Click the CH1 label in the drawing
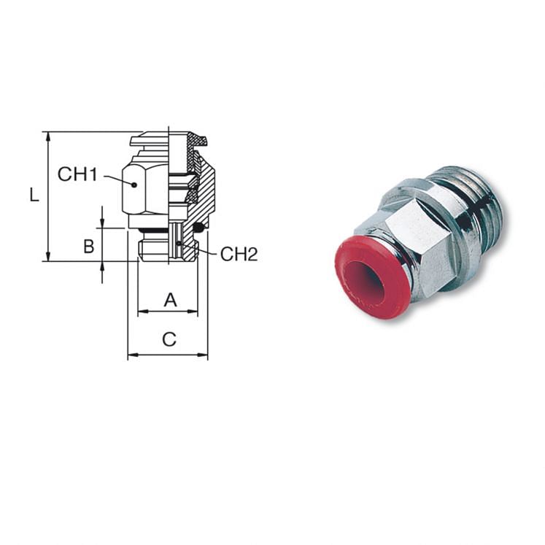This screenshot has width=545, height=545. [77, 174]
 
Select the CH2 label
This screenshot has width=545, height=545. [239, 254]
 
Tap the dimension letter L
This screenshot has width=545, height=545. [34, 195]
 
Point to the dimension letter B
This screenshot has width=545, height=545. [88, 246]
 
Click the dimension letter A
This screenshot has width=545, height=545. [169, 299]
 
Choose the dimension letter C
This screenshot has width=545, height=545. [169, 339]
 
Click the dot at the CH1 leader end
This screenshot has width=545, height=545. [134, 185]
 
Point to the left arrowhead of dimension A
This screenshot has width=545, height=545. [142, 312]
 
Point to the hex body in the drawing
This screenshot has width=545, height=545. [145, 186]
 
